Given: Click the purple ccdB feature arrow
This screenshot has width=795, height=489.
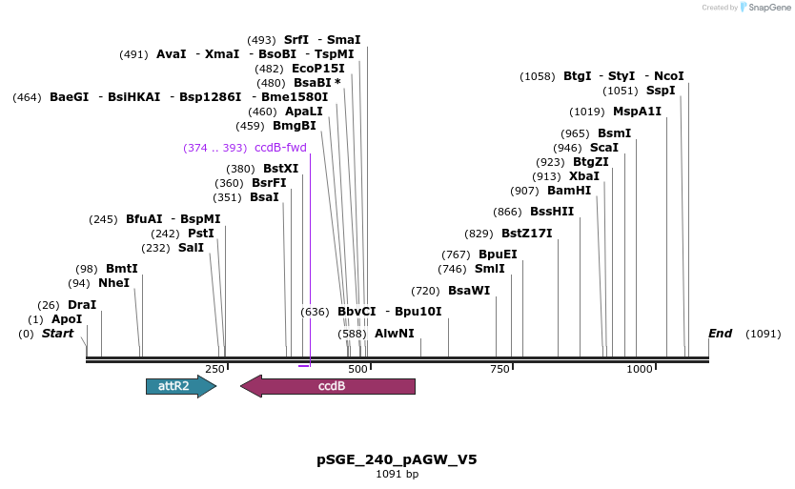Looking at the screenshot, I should (328, 386).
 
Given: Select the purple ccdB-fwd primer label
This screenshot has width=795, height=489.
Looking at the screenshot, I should (280, 148).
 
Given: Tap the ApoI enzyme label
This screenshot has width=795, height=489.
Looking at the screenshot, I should (67, 319).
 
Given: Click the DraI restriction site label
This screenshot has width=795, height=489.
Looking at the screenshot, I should (82, 305).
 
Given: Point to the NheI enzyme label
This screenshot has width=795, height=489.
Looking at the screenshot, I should (113, 283).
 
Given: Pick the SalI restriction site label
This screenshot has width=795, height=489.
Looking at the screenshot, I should (191, 248).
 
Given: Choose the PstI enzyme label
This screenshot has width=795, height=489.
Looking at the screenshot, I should (200, 234).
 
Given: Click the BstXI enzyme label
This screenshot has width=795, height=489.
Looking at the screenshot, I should (280, 169).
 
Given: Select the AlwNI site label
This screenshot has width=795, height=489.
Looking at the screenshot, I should (394, 334).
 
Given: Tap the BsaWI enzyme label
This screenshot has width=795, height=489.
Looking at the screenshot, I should (469, 291).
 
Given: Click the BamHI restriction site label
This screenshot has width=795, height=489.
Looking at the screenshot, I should (569, 191).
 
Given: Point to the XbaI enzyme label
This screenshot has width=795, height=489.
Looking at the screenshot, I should (584, 176).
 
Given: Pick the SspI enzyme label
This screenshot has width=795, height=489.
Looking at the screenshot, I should (660, 91).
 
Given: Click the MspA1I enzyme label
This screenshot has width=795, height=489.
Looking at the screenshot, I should (637, 112).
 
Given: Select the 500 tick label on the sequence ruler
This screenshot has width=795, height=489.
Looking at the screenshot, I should (357, 369).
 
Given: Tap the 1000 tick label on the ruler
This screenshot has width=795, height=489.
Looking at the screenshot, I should (639, 369).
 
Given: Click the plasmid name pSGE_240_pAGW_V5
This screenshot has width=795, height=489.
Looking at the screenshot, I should (397, 459).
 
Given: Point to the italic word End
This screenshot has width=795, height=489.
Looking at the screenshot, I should (720, 334).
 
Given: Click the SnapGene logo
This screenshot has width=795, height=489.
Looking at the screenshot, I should (763, 8).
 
